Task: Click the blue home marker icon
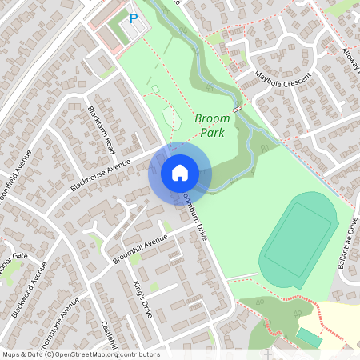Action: [x=180, y=172]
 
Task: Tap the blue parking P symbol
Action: [x=134, y=18]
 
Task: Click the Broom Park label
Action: [x=212, y=125]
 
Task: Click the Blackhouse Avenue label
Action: [x=100, y=175]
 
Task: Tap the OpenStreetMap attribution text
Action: [x=81, y=354]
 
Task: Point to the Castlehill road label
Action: [x=110, y=335]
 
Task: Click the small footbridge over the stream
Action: [x=238, y=108]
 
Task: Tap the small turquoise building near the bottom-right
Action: [x=309, y=338]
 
